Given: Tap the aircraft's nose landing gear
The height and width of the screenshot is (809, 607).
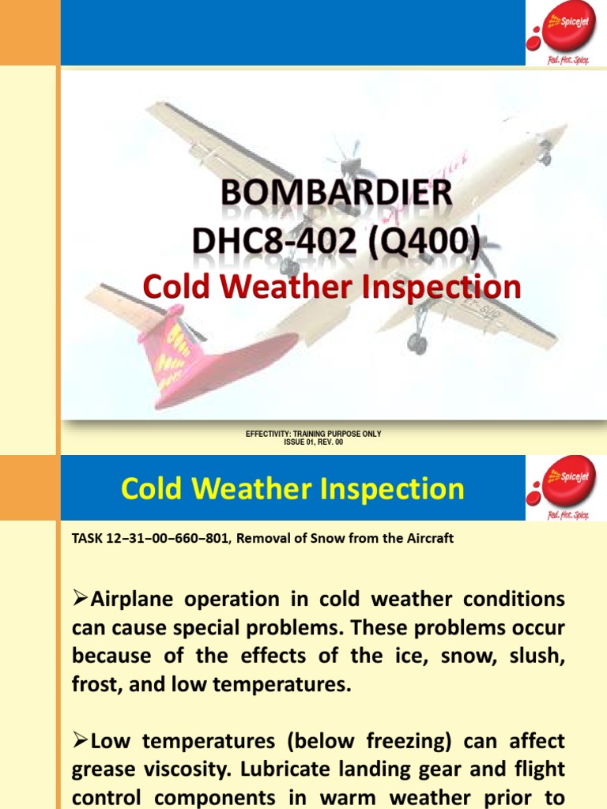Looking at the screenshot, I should pos(545,158).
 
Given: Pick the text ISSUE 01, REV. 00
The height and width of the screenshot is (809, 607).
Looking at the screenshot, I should pos(313,442).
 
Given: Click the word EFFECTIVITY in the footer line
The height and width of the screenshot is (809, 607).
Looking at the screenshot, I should pos(270,435).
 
